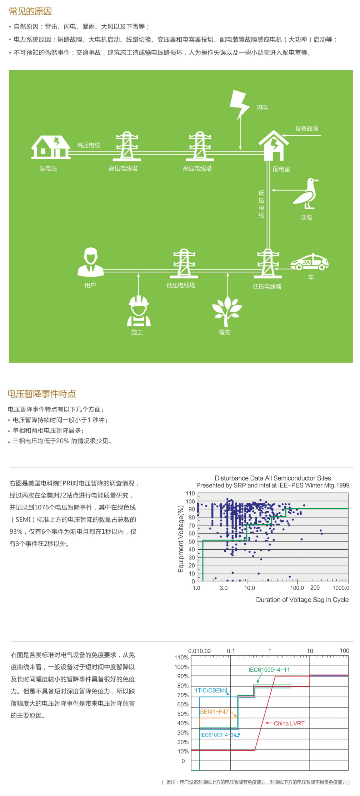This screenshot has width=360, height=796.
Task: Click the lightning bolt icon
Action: (x=239, y=104)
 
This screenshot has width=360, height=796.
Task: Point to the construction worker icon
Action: (x=139, y=311)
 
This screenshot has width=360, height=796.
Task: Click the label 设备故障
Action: (x=306, y=129)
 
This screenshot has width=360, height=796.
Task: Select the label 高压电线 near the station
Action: (x=89, y=145)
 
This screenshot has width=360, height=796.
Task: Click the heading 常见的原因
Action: (x=30, y=11)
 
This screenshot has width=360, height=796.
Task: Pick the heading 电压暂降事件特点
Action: (x=42, y=394)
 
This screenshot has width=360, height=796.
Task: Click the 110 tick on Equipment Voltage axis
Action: (x=190, y=493)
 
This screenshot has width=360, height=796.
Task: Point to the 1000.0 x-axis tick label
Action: (x=341, y=588)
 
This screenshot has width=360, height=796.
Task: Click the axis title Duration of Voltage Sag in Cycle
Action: (x=302, y=600)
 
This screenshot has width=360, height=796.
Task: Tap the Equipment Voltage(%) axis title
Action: (x=181, y=539)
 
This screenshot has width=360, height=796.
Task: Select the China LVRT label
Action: (x=289, y=724)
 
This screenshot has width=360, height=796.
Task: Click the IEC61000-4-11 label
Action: (x=269, y=670)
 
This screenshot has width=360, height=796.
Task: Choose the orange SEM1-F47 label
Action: (x=214, y=712)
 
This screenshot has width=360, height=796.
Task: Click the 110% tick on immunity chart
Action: (x=181, y=658)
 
